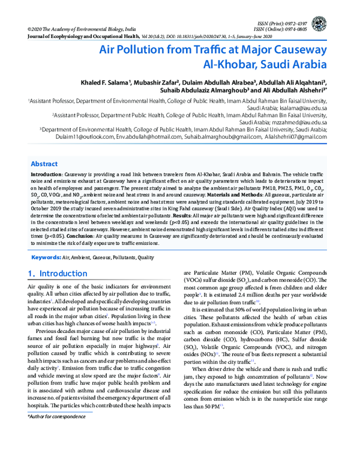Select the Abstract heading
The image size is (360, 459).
pyautogui.click(x=44, y=164)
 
